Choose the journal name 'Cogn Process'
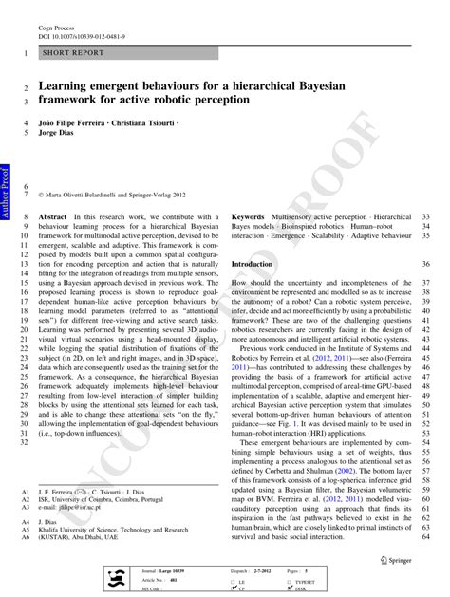(x=56, y=27)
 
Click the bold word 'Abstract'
(x=53, y=217)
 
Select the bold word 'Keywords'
(x=248, y=217)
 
